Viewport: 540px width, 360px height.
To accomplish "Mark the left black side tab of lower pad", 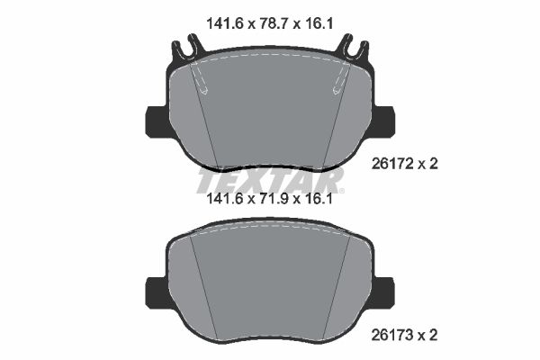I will (x=155, y=290).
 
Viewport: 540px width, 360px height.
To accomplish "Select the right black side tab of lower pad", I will (x=385, y=290).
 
